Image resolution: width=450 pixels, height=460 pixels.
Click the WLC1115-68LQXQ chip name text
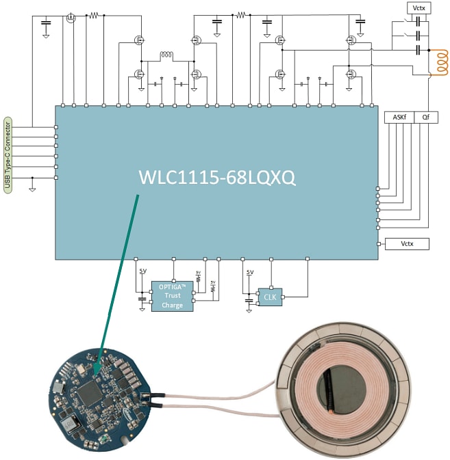[216, 178]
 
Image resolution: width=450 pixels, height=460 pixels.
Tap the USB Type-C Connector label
[8, 154]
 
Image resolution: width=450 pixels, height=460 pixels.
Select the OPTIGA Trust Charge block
[172, 296]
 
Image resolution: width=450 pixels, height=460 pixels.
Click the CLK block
[270, 297]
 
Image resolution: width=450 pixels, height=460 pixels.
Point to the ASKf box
[399, 117]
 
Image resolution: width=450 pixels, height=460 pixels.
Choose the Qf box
[426, 117]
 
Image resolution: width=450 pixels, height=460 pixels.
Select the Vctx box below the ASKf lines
[407, 243]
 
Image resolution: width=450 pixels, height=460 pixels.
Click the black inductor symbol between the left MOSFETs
[166, 55]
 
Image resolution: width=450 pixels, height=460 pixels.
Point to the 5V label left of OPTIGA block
[142, 271]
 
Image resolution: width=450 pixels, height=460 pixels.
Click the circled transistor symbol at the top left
[70, 18]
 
